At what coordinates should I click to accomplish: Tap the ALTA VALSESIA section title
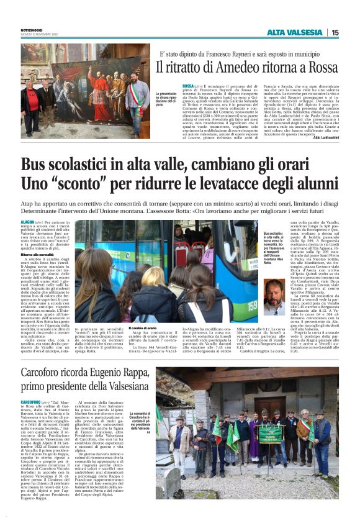coord(294,32)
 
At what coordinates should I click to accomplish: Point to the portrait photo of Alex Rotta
coord(275,297)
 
